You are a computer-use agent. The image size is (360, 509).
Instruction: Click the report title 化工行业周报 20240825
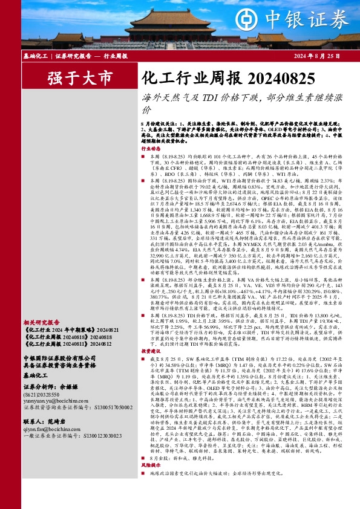(227, 78)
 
